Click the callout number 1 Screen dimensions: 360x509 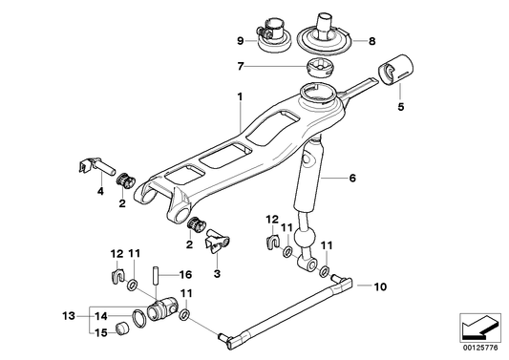tap(240, 95)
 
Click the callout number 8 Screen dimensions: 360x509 tap(372, 41)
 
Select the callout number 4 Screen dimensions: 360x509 tap(98, 190)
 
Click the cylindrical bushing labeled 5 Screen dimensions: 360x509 tap(395, 70)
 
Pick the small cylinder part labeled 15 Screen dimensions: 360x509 tap(122, 329)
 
